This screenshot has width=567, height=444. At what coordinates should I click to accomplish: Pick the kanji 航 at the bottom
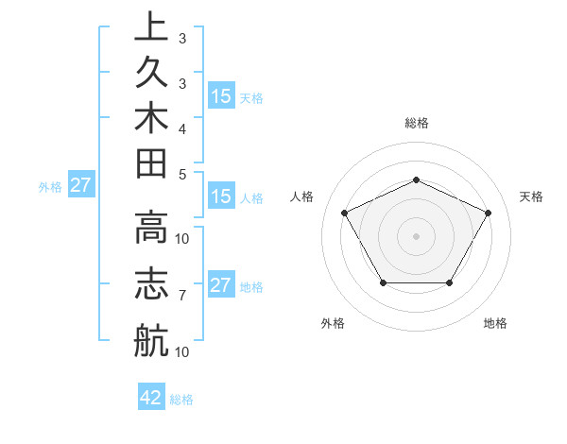150,339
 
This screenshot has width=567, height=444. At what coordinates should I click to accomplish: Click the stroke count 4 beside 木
181,128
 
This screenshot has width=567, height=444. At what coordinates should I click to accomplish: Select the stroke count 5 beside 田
181,174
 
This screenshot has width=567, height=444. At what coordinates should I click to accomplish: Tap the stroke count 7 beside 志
181,296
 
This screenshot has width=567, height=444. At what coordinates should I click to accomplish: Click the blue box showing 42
151,398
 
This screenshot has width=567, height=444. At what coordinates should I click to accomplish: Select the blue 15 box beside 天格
221,95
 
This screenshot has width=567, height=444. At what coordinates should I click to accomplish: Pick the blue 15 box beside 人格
221,196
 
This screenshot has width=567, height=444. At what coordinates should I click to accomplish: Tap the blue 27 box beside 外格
81,185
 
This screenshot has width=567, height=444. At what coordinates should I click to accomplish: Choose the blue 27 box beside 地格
221,285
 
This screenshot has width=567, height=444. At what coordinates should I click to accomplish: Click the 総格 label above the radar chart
416,123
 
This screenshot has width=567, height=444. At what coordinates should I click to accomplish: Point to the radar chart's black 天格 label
531,196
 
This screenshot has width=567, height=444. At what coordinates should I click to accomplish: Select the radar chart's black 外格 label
333,323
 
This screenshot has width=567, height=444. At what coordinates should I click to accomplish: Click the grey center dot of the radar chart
416,235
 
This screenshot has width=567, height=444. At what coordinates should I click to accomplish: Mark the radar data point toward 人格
345,212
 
